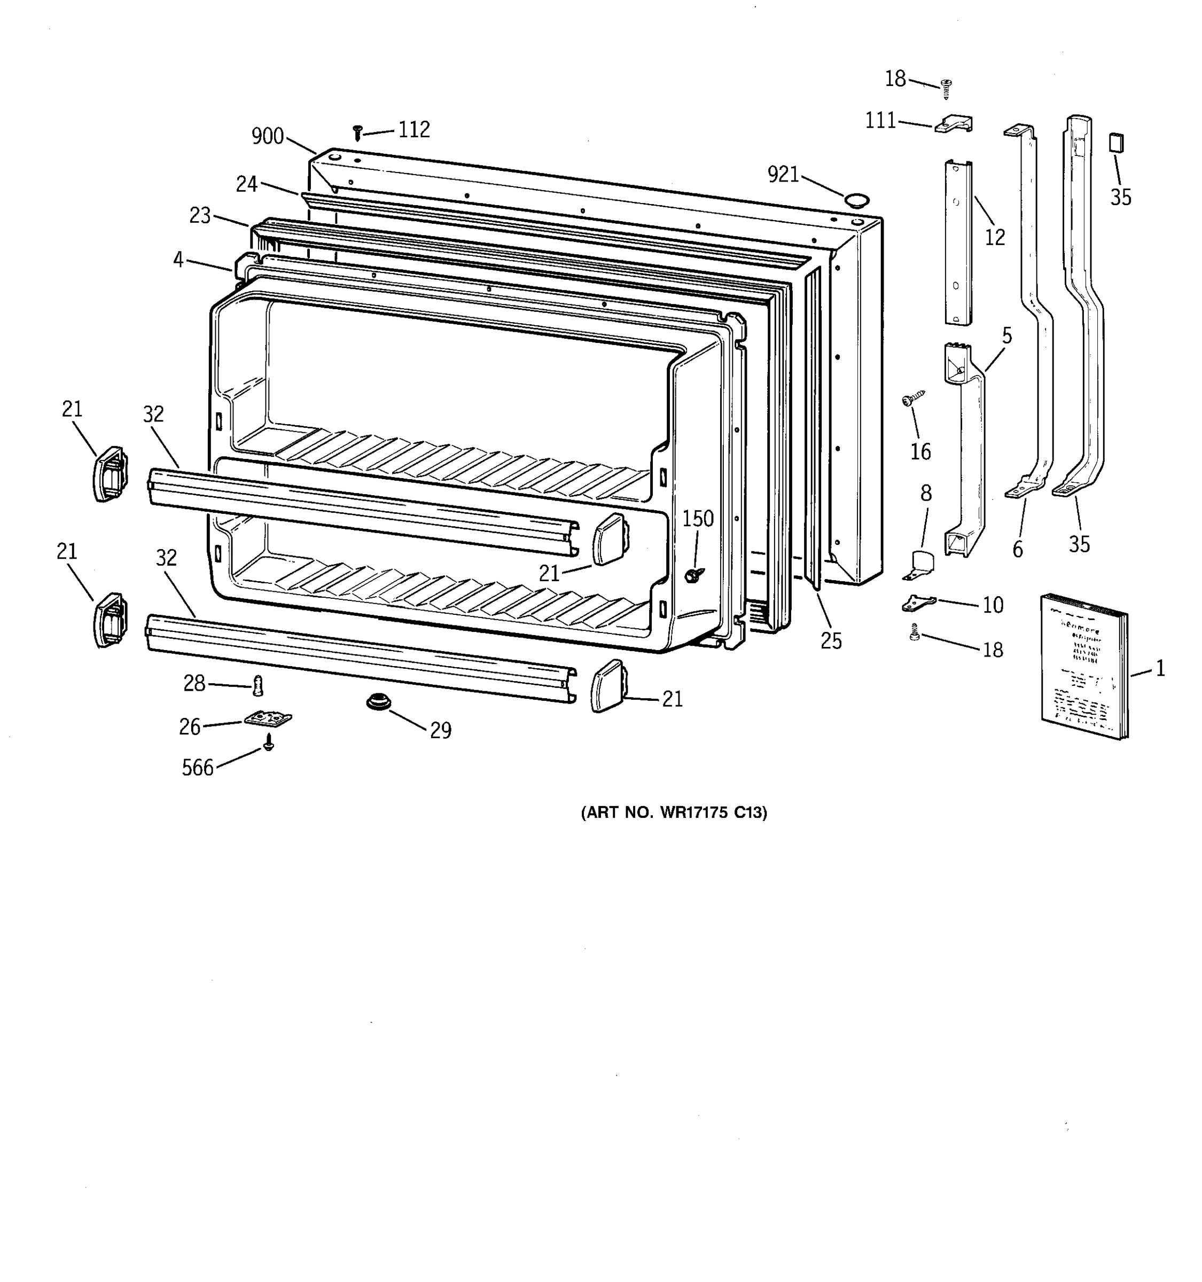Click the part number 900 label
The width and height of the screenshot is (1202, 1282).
[268, 136]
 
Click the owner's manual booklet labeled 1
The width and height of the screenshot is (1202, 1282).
[1084, 667]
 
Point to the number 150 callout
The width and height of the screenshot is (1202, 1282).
[698, 519]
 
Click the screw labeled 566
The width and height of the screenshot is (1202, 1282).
[269, 745]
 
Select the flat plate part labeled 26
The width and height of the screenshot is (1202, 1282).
[268, 718]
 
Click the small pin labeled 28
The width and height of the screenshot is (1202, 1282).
[258, 685]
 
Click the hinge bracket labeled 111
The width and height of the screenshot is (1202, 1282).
[953, 124]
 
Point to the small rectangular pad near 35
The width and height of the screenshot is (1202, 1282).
[1116, 143]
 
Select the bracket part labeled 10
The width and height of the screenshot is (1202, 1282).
[918, 604]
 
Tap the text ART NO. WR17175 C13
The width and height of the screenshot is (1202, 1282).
[674, 812]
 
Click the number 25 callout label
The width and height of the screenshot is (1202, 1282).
[831, 640]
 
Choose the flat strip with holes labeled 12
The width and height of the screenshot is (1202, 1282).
[958, 242]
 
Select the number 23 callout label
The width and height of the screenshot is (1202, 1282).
[200, 215]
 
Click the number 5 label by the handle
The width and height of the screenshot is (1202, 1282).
[1006, 335]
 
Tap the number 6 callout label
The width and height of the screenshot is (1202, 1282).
[1018, 550]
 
